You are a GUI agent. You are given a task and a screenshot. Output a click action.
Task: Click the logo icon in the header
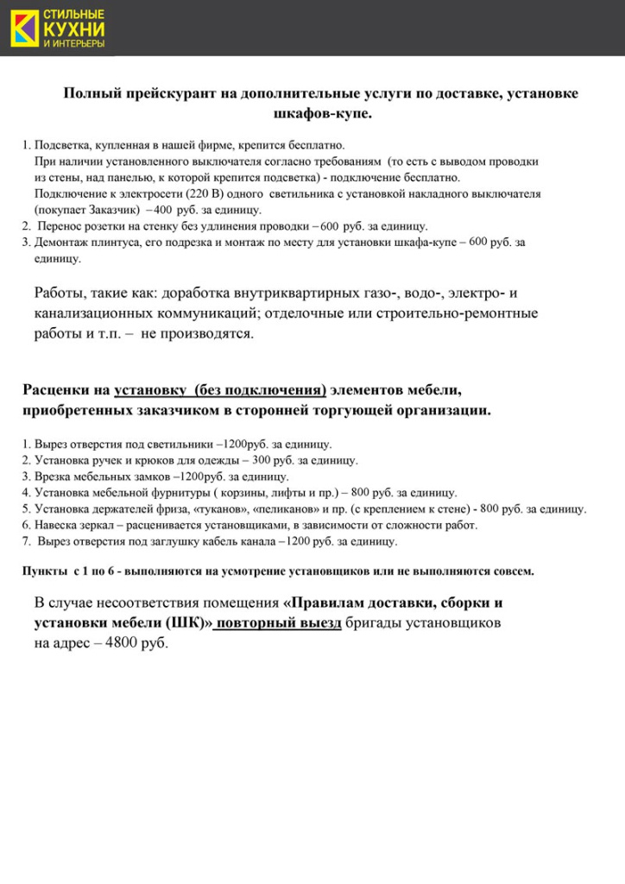pyautogui.click(x=22, y=28)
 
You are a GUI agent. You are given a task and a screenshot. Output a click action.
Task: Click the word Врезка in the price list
pyautogui.click(x=52, y=477)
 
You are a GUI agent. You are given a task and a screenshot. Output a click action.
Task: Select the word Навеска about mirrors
pyautogui.click(x=58, y=525)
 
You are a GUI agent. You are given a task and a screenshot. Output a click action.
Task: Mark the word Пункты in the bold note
pyautogui.click(x=42, y=571)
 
